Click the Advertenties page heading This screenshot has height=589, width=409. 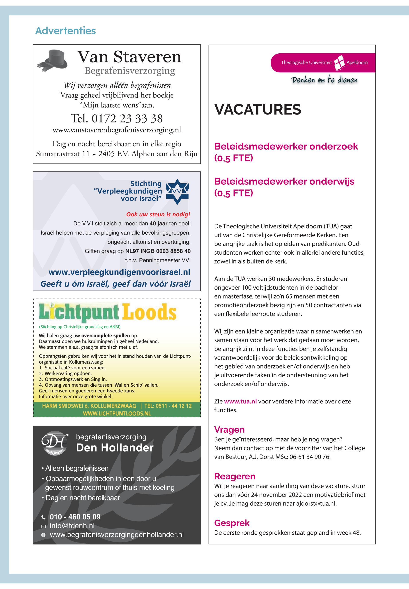(65, 31)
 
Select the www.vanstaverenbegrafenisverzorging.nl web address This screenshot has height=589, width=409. (117, 130)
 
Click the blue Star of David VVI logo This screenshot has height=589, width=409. (177, 192)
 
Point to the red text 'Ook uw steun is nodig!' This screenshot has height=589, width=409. (158, 214)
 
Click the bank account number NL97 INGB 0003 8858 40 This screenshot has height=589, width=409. (158, 251)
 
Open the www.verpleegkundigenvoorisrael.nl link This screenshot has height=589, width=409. (119, 272)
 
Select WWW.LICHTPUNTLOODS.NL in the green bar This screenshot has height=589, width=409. (117, 413)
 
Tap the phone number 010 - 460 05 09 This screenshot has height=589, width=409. (75, 517)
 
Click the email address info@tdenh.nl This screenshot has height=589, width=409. (72, 526)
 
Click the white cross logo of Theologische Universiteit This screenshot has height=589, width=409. (340, 62)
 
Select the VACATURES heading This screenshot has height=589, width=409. (258, 110)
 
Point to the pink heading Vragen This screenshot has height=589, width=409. (229, 430)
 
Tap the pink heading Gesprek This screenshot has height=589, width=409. (232, 523)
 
